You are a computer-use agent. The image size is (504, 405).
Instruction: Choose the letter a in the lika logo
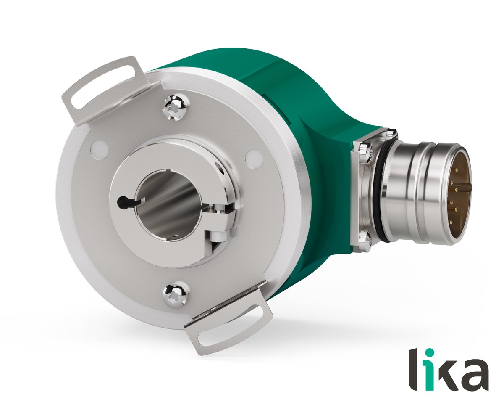475,374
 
